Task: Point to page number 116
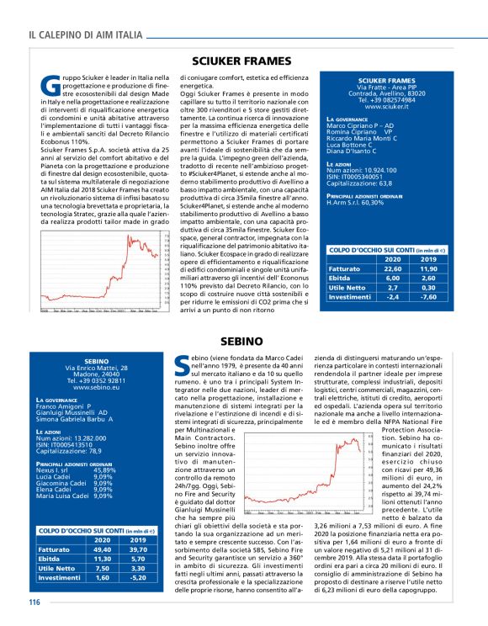[34, 602]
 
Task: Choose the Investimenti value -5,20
[135, 577]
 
